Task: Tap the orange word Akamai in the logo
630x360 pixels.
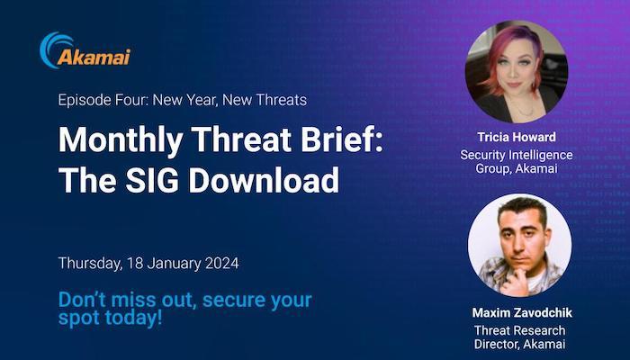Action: click(94, 58)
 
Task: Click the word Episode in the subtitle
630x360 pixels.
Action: click(84, 100)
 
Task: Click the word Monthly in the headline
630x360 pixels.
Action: click(121, 140)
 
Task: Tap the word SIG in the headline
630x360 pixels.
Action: click(152, 180)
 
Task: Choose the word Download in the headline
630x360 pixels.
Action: click(264, 180)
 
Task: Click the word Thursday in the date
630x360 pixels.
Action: click(90, 264)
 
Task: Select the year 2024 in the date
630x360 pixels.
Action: click(221, 264)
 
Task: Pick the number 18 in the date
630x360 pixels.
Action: click(135, 264)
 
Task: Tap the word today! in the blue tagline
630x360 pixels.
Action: click(133, 318)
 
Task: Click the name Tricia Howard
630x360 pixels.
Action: click(517, 137)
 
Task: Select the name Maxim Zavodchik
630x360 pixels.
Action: click(522, 312)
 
